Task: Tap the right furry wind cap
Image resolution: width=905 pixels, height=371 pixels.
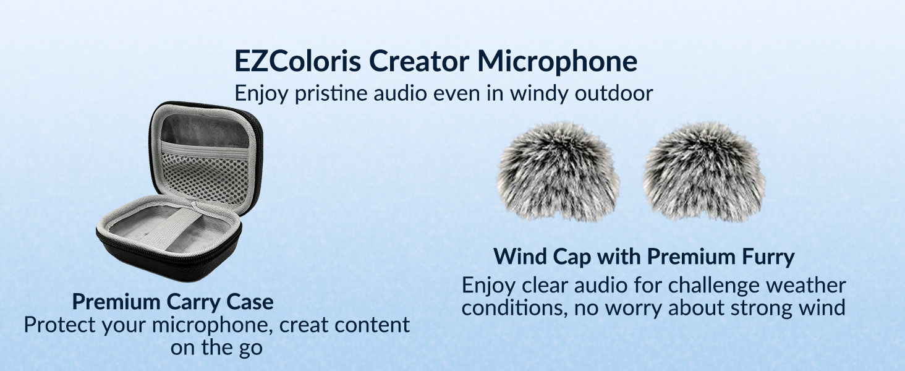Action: [703, 172]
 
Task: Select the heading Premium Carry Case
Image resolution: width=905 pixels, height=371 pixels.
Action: [172, 302]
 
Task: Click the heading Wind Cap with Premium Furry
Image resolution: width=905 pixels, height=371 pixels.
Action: [644, 257]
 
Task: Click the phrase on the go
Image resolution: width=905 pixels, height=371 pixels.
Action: [216, 348]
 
